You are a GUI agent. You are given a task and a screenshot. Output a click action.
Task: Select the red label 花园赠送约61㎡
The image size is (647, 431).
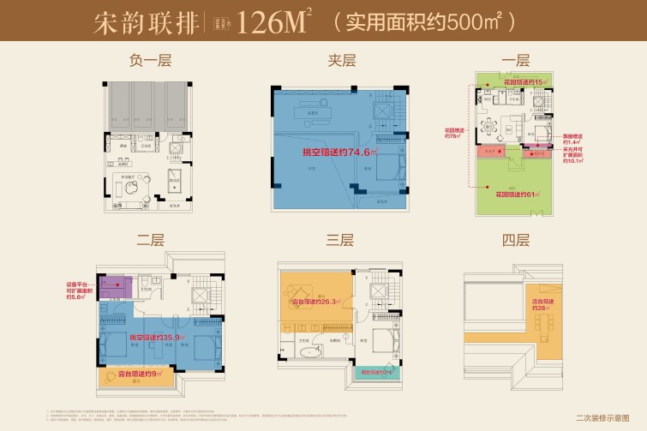515,195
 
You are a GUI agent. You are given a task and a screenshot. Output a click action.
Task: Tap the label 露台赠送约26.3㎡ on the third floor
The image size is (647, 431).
317,302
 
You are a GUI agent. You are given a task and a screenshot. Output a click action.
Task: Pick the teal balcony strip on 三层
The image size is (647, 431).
380,373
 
